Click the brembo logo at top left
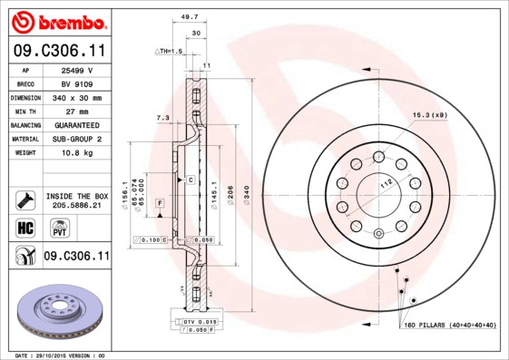(56, 21)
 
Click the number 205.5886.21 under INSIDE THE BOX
(76, 206)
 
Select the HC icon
(24, 228)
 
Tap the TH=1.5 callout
(169, 52)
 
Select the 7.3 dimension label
(162, 118)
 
